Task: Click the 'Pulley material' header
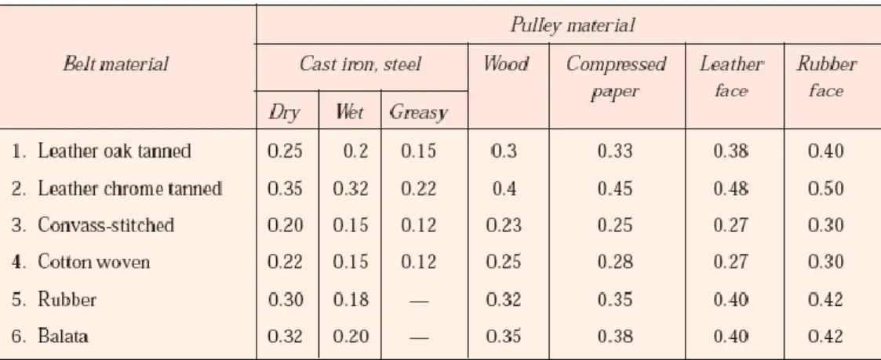pos(573,25)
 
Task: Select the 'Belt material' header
pos(116,64)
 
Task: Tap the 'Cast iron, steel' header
pos(360,64)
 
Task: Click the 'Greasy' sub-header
pos(418,113)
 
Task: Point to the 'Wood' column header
pos(506,64)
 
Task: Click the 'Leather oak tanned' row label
pos(115,151)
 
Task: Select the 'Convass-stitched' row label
pos(106,224)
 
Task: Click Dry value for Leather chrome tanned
pos(285,188)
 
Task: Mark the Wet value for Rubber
pos(351,300)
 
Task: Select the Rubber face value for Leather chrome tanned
pos(826,188)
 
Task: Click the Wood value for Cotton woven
pos(504,262)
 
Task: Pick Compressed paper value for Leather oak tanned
pos(615,151)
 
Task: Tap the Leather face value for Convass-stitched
pos(731,225)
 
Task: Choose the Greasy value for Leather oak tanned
pos(419,151)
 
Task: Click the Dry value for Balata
pos(285,336)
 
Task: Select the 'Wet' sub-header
pos(349,112)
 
